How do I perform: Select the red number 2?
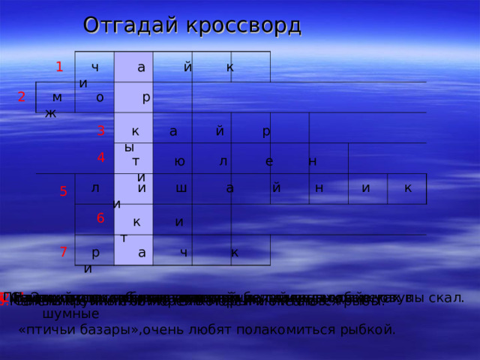[22, 97]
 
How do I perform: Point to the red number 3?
[100, 130]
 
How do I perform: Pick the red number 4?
[100, 158]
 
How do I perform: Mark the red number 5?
[64, 192]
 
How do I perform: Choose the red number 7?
[64, 253]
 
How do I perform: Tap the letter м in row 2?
[58, 97]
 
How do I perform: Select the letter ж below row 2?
[49, 113]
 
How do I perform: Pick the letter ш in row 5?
[181, 188]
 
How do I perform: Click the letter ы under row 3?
[129, 147]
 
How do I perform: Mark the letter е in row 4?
[269, 161]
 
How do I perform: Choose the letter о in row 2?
[100, 97]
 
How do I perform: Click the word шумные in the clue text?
[71, 313]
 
